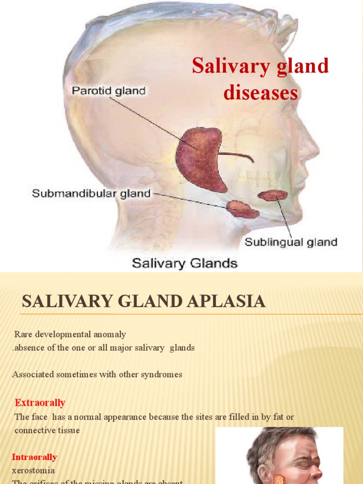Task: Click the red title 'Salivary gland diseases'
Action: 260,79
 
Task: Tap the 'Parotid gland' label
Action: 108,90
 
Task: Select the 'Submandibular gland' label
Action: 91,193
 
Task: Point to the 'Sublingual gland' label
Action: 291,242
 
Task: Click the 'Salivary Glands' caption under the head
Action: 184,263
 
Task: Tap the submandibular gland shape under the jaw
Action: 242,209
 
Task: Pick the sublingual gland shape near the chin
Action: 273,195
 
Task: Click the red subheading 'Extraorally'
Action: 40,403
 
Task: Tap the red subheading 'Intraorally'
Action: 35,457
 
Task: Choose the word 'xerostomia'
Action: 33,470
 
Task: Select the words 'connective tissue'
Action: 47,431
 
